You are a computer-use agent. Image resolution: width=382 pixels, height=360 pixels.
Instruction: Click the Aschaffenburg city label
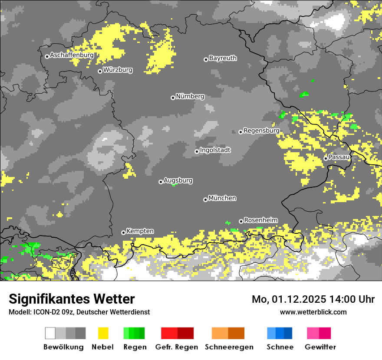[72, 56]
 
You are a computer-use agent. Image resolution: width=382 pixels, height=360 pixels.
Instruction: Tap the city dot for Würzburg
[100, 71]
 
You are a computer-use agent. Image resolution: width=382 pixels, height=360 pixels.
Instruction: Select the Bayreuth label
[223, 58]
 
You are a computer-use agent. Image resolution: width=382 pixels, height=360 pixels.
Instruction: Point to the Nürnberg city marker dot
[173, 98]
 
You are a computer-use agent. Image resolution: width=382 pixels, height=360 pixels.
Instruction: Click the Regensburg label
[261, 131]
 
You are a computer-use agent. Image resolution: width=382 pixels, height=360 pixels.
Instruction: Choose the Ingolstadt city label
[215, 150]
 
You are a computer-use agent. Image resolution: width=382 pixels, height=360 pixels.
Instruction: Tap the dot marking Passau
[326, 158]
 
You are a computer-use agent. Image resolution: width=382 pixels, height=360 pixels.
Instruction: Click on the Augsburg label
[178, 180]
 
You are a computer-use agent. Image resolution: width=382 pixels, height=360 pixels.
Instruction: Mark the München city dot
[205, 200]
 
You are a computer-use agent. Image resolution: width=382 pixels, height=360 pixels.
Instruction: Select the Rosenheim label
[261, 220]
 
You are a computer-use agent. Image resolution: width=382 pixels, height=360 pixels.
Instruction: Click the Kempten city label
[140, 231]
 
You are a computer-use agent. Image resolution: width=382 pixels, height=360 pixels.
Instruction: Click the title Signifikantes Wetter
[72, 299]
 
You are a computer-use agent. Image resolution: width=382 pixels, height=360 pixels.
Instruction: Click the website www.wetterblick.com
[313, 312]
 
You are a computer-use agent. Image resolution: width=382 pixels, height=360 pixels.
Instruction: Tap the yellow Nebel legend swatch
[103, 333]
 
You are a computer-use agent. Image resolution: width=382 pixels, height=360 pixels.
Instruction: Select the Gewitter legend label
[320, 347]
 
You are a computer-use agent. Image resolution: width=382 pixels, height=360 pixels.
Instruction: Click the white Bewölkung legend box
[50, 333]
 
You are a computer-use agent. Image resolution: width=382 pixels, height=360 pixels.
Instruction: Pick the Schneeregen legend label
[229, 347]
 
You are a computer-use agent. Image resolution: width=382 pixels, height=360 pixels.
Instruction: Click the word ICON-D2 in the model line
[44, 312]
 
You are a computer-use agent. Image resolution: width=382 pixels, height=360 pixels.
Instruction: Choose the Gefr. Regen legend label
[177, 347]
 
